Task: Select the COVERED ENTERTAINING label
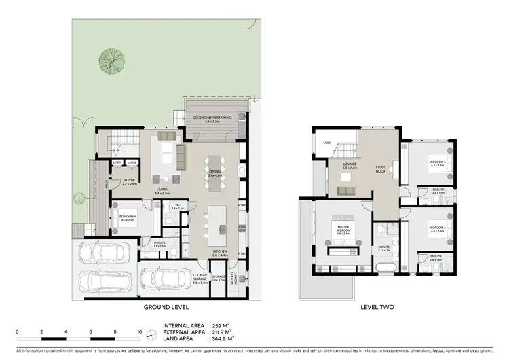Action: [212, 118]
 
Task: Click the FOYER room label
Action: [129, 181]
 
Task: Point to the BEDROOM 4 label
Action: [128, 217]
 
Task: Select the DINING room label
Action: [214, 173]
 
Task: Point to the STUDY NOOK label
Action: [381, 169]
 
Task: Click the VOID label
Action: [327, 143]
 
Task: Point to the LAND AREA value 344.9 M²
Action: [221, 338]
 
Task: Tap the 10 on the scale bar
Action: [139, 331]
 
